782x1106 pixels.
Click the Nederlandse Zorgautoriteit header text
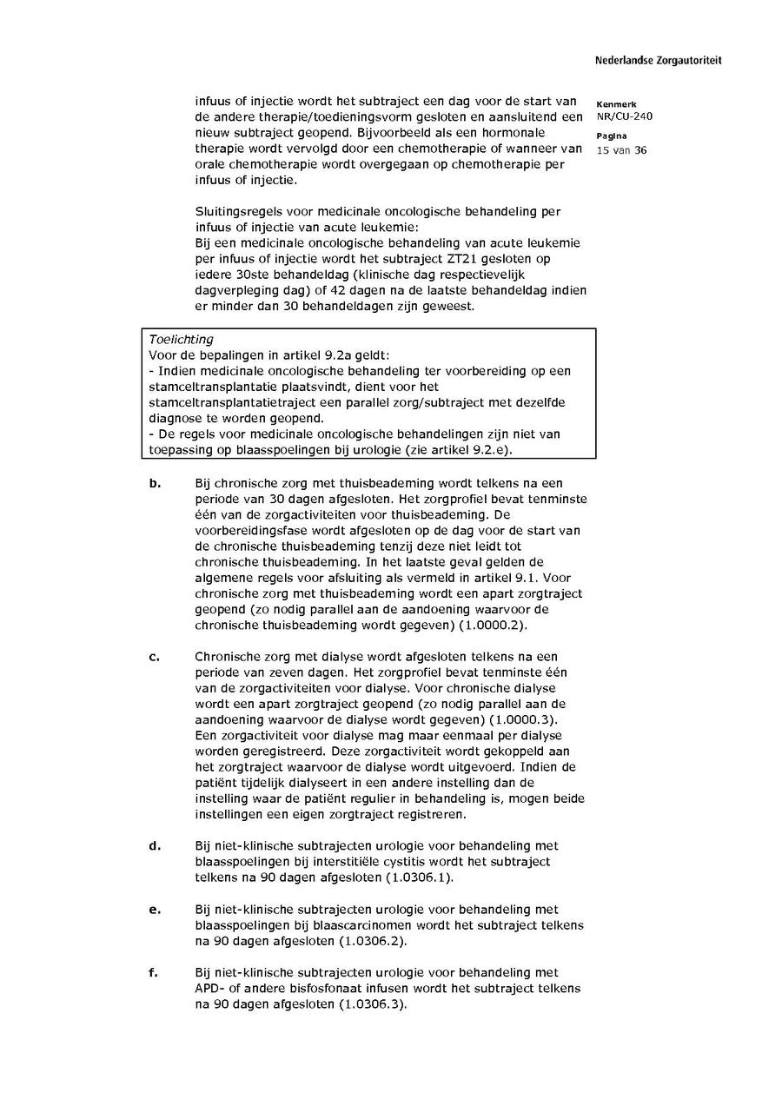click(658, 61)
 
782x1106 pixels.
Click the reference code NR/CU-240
click(624, 116)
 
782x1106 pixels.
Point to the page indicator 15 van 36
click(621, 150)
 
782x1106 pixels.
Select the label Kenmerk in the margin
click(616, 104)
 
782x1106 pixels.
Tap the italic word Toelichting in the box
click(181, 340)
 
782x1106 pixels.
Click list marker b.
click(155, 483)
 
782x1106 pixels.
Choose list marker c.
click(154, 657)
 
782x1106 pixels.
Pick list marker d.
click(155, 846)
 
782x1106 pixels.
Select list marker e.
click(155, 910)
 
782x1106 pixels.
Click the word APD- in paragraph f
click(211, 989)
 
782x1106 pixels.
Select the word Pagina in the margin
click(613, 136)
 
